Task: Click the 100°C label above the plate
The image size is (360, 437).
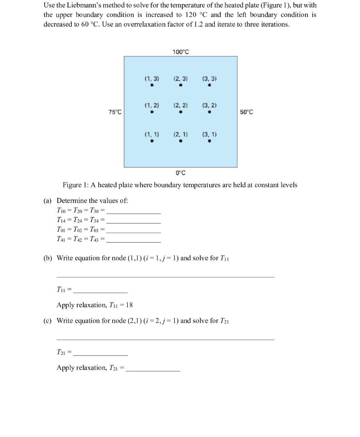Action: click(180, 52)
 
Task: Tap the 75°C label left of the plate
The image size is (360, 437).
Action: click(115, 112)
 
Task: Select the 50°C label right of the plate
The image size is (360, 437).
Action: click(246, 112)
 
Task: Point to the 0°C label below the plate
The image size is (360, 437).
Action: click(180, 173)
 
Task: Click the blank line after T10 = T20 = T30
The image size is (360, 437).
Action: click(134, 212)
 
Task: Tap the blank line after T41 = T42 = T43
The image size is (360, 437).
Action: click(134, 242)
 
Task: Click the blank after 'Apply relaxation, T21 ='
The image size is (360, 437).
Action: click(153, 370)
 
